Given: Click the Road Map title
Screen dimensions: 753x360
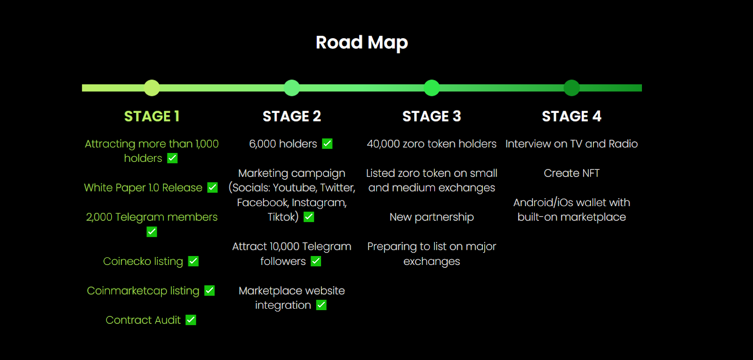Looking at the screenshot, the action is (x=362, y=43).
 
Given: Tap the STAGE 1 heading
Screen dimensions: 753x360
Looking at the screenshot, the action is (x=152, y=116).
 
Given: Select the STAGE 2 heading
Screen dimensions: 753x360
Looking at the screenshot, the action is (x=292, y=116).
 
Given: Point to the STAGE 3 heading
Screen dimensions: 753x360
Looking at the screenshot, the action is (x=432, y=116).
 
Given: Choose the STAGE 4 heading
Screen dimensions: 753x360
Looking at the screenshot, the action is (x=571, y=116).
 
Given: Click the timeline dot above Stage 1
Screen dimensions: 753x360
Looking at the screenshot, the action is (x=152, y=88).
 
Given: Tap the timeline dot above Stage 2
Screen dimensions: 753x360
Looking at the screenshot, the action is (x=292, y=88).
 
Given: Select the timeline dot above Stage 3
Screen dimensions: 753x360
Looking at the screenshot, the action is (x=432, y=88).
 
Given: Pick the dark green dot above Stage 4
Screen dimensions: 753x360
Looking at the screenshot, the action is (x=571, y=88).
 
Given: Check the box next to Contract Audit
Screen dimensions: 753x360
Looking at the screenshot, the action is (x=191, y=320).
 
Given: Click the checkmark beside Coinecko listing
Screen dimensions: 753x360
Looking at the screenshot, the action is (x=193, y=261).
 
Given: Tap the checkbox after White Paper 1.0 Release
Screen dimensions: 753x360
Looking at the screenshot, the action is (x=212, y=188).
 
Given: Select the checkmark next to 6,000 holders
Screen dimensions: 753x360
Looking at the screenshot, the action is (x=327, y=144).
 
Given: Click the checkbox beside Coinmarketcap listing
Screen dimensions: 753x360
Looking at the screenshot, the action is (x=209, y=290).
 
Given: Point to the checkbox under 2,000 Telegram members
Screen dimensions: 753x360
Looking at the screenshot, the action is (x=152, y=232).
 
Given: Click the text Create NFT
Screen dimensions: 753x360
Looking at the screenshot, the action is (x=571, y=173).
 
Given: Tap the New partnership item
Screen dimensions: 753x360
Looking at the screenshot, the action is (x=432, y=217).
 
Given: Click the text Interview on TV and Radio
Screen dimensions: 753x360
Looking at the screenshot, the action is (x=571, y=144).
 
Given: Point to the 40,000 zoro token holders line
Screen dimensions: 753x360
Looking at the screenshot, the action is (x=432, y=144).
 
